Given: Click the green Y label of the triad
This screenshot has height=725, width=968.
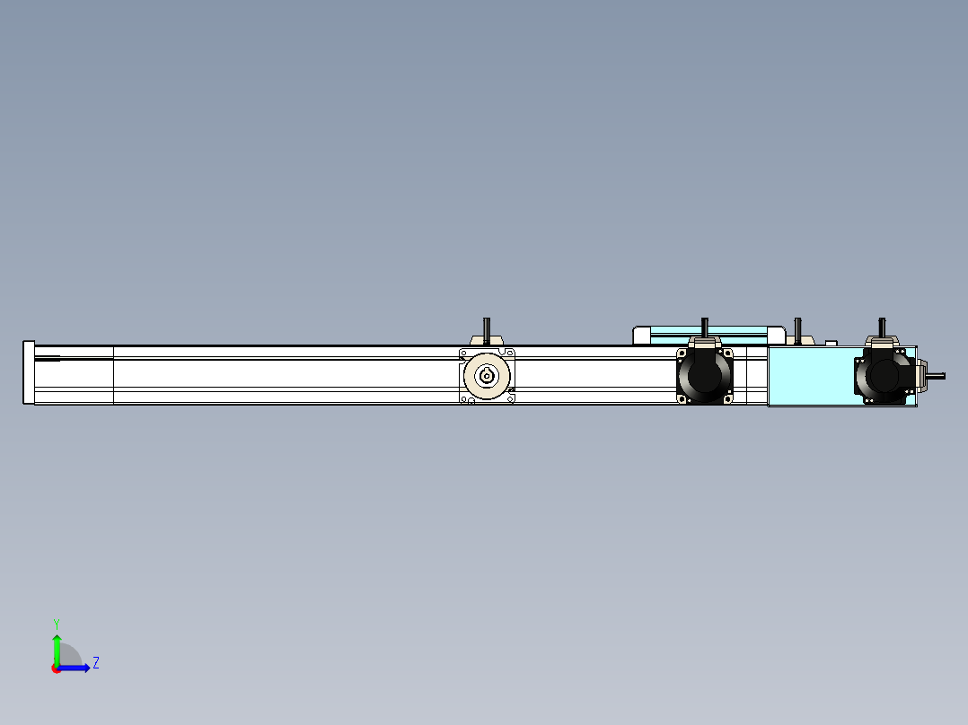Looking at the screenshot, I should [x=56, y=622].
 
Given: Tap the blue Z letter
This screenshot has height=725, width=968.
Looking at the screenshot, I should [x=95, y=663].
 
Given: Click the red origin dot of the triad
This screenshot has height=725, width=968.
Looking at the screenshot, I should [x=56, y=668].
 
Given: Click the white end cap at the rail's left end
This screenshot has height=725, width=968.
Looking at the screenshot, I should [x=29, y=373].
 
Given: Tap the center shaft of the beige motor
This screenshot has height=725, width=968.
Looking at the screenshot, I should [x=487, y=376].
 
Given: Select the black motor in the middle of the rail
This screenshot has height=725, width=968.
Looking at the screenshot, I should [x=704, y=375].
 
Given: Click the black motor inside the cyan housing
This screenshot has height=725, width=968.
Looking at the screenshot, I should [x=884, y=375].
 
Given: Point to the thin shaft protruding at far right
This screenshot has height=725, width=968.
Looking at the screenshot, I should [x=936, y=375].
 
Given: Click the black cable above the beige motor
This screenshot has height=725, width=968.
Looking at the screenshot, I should [x=487, y=328].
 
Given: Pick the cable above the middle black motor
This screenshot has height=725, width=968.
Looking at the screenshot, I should [x=705, y=327].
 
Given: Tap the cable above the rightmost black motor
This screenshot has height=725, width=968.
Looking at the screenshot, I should [x=883, y=327].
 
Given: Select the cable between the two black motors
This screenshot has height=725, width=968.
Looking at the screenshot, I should [x=797, y=328].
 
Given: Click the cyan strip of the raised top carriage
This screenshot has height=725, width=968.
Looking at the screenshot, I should [x=709, y=331].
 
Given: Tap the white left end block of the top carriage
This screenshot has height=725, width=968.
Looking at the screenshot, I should [x=641, y=336].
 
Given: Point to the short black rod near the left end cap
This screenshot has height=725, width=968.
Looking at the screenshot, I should [x=47, y=359].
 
